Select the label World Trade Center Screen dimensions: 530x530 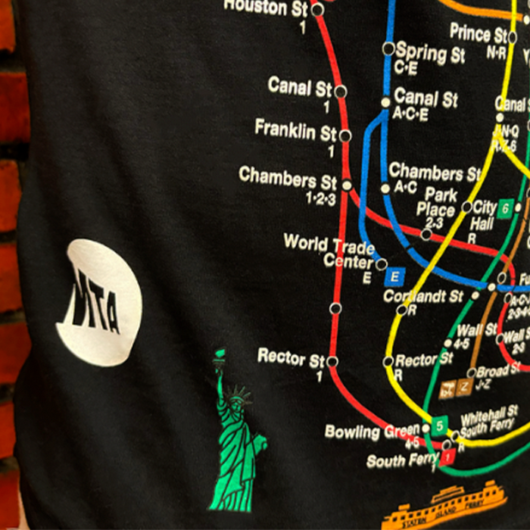(x=329, y=252)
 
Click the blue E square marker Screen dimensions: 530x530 (x=392, y=277)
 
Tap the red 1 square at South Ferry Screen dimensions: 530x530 (x=448, y=457)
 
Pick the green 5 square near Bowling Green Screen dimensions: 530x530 (x=440, y=424)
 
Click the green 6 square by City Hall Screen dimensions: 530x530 (x=506, y=207)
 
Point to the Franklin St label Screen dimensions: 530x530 (x=295, y=130)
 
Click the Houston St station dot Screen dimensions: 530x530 (x=317, y=10)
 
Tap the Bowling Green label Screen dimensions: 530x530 (x=371, y=432)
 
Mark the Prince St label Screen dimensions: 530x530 (x=481, y=33)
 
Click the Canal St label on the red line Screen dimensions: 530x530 (x=300, y=87)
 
